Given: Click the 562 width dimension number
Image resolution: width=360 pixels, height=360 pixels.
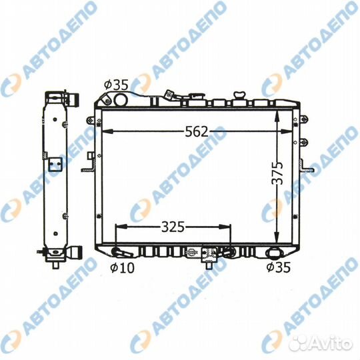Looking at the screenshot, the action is (x=197, y=132).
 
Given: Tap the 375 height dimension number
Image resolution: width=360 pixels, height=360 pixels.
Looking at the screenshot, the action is (x=277, y=173).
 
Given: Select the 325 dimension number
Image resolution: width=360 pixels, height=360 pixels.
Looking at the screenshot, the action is (x=173, y=227).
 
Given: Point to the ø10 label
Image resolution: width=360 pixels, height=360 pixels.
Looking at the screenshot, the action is (x=122, y=268).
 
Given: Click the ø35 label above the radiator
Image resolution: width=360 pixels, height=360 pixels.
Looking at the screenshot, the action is (x=116, y=85).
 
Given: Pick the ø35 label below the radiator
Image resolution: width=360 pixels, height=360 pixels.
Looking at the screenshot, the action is (x=279, y=267).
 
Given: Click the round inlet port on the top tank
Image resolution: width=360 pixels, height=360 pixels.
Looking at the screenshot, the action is (x=121, y=99).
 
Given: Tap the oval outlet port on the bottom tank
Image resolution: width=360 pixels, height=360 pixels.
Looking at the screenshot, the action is (x=273, y=253).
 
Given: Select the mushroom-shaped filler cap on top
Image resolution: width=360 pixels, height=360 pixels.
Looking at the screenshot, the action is (x=239, y=95).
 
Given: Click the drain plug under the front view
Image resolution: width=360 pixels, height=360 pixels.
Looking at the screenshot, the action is (x=209, y=265).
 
